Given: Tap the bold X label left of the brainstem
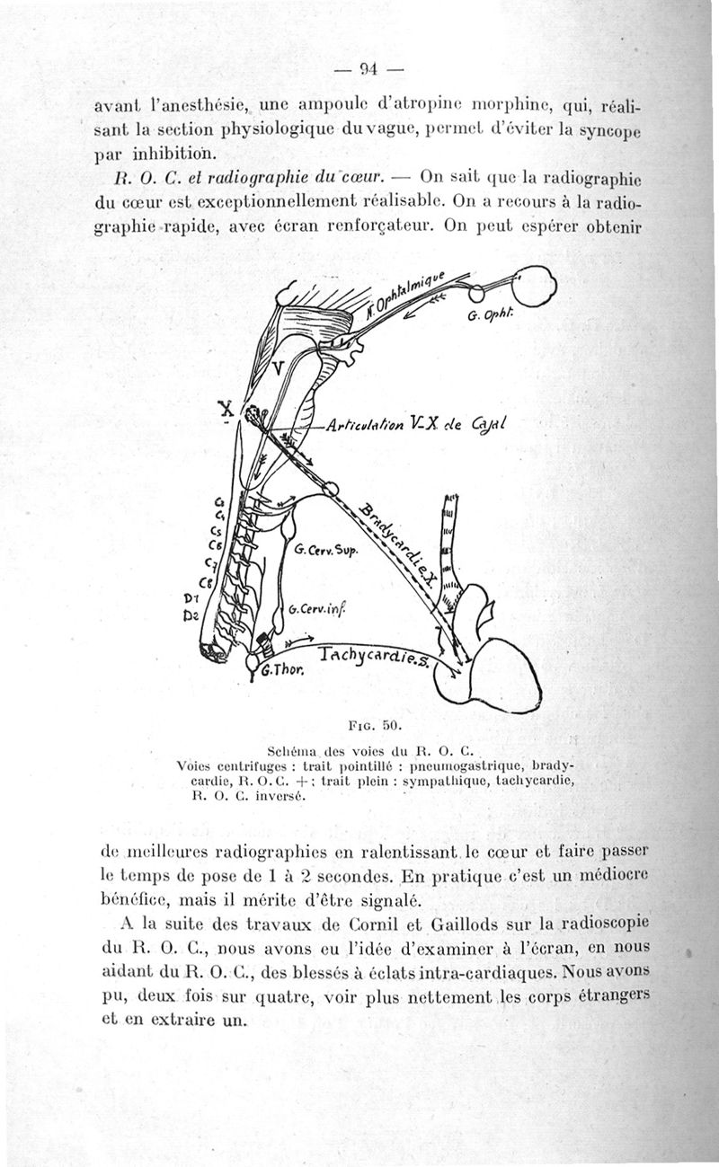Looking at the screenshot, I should tap(228, 409).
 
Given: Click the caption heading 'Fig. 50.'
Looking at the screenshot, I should tap(377, 723).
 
